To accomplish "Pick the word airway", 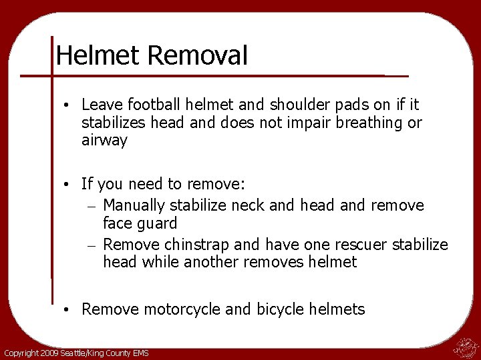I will click(x=104, y=141).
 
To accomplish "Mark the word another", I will click(x=214, y=262).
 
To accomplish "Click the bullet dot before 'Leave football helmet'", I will click(x=68, y=105).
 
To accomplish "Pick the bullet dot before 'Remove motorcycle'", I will click(x=68, y=309).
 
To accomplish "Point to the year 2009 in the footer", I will click(x=50, y=353).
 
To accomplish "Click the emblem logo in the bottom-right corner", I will click(x=464, y=347).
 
